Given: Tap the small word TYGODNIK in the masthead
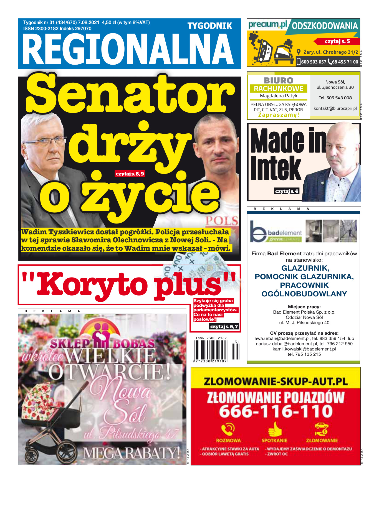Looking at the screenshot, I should click(x=210, y=26).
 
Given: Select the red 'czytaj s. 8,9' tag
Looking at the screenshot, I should click(x=130, y=174).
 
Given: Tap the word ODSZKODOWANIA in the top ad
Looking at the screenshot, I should click(x=325, y=26).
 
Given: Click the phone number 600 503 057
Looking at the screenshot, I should click(x=314, y=62).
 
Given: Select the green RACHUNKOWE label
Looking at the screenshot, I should click(x=279, y=88).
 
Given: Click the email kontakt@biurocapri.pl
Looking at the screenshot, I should click(x=335, y=108).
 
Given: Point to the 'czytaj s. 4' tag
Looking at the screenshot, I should click(x=287, y=191).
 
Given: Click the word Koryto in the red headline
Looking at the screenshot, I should click(x=93, y=285).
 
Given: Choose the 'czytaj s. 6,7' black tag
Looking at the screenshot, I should click(x=224, y=326).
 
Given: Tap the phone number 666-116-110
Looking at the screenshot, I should click(x=276, y=411).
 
